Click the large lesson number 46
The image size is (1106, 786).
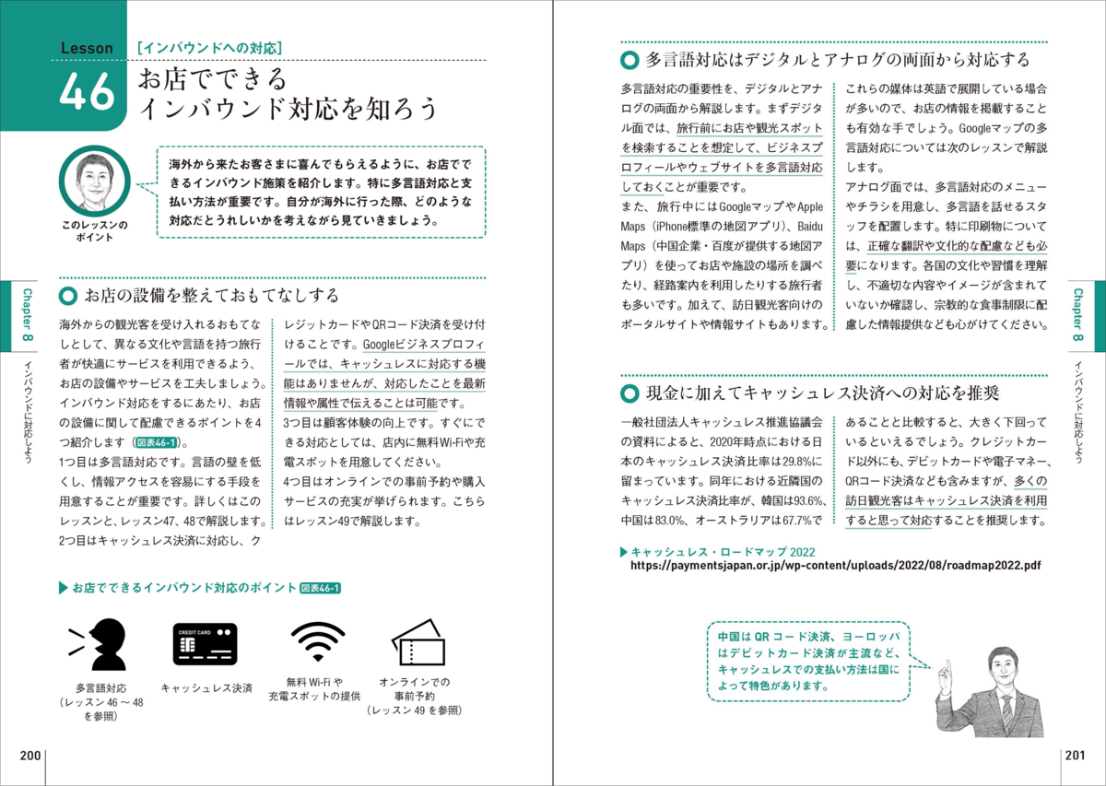click(87, 93)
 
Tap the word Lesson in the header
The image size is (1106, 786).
click(87, 48)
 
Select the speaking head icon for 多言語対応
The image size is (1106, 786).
click(99, 642)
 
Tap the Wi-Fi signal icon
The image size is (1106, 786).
click(317, 641)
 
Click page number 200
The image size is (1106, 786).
click(30, 756)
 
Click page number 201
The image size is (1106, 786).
click(1075, 756)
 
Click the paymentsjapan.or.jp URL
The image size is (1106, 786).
click(835, 567)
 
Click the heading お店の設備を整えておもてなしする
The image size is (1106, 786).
click(211, 296)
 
